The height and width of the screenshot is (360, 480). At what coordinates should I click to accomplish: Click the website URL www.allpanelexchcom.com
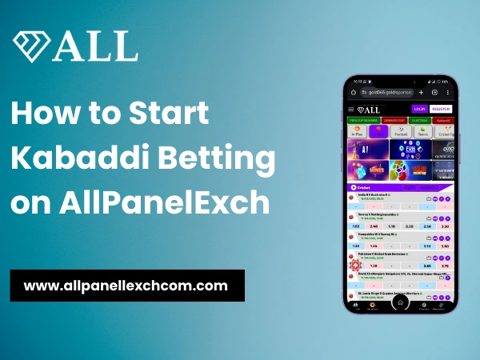126,285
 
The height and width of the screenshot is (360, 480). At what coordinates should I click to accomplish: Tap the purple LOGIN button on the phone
418,109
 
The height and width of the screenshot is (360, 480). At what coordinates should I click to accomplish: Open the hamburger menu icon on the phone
351,109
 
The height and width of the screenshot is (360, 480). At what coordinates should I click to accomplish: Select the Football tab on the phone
378,131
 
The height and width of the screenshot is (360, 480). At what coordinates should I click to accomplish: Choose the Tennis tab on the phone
400,131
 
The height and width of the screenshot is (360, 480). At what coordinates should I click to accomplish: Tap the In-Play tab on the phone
357,131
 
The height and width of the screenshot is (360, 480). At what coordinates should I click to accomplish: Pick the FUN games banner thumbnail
399,150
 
